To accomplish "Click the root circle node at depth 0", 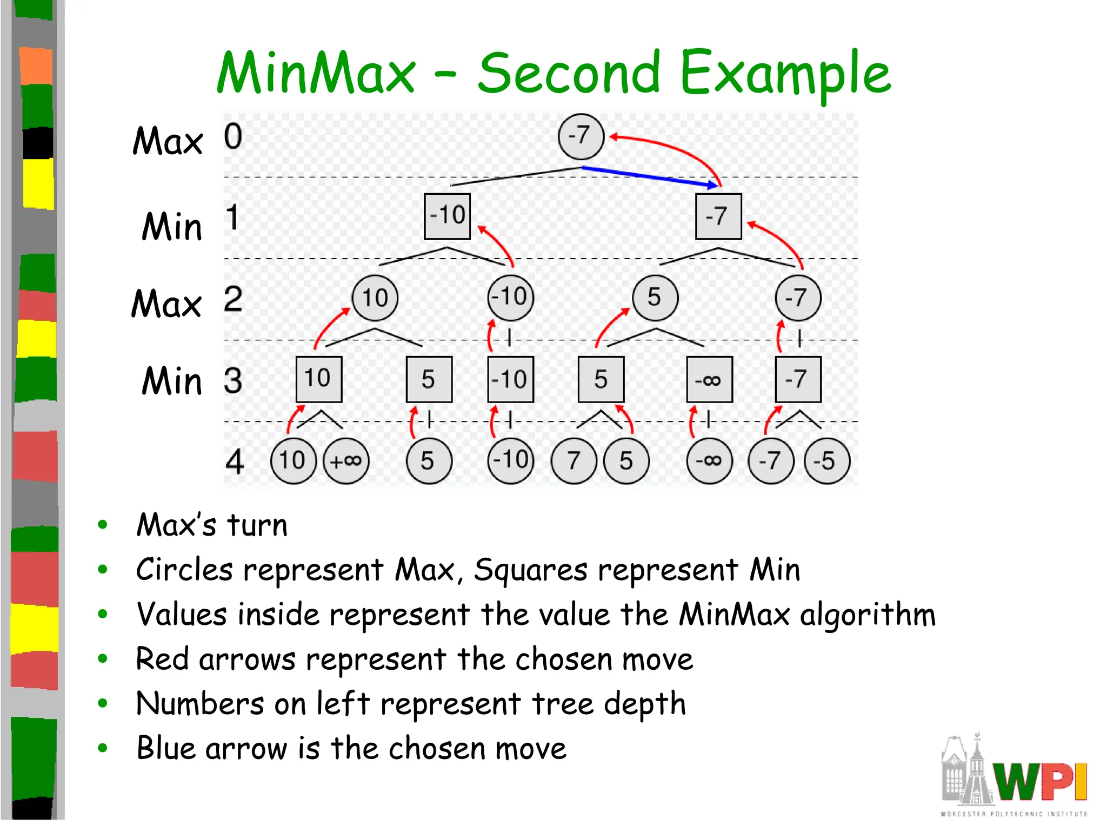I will coord(581,136).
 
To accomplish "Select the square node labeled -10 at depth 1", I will coord(447,216).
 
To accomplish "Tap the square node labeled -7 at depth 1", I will coord(718,216).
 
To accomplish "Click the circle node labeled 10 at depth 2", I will coord(375,298).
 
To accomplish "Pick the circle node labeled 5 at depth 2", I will coord(655,298).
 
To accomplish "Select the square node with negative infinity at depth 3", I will coord(709,379).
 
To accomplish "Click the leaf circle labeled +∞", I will coord(346,461).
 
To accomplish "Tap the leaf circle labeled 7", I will coord(573,461).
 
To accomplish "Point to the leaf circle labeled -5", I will coord(826,461).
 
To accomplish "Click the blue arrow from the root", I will coord(649,176).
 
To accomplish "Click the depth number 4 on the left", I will coord(235,462).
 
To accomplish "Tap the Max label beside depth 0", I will coord(168,141).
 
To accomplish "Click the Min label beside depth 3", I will coord(172,381).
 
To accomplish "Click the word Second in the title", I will coord(569,73).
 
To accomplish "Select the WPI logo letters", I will coord(1040,781).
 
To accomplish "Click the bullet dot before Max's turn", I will coord(103,524).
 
